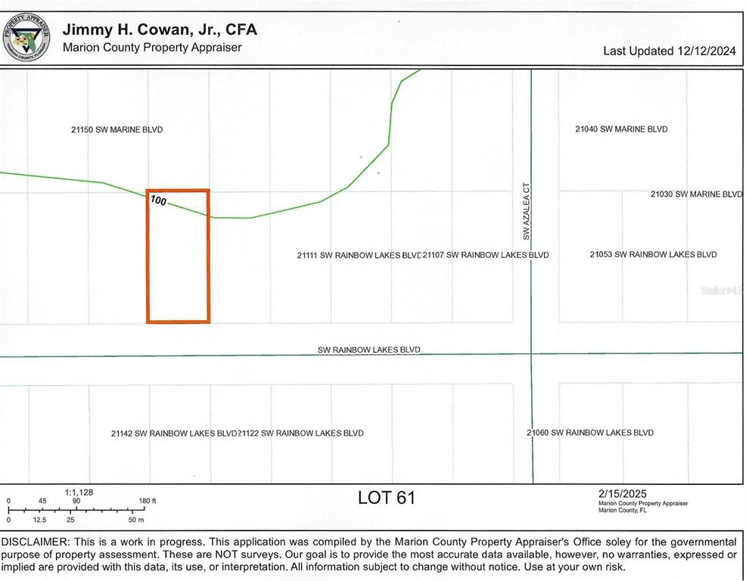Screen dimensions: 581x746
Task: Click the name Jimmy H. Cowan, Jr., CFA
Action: point(160,30)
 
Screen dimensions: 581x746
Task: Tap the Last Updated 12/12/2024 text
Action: point(669,51)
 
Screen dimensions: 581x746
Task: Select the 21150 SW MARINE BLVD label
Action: point(117,130)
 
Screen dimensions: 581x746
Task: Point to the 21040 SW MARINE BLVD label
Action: point(621,129)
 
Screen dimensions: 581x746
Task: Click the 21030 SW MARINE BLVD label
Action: point(696,194)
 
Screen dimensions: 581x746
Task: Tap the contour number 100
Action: point(158,201)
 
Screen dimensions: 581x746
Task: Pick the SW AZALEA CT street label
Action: point(527,211)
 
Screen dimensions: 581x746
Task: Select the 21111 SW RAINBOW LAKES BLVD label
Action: point(359,256)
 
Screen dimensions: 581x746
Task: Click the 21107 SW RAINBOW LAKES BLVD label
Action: point(486,255)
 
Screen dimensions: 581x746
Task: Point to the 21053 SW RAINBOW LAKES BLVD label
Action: point(653,255)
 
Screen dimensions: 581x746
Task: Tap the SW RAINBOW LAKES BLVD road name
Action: point(368,350)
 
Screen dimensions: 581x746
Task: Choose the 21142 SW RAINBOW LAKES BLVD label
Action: point(174,433)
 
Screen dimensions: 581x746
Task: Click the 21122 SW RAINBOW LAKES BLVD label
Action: point(301,433)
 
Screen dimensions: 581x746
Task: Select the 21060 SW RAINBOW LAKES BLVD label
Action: point(590,433)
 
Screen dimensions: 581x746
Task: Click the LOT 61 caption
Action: point(386,498)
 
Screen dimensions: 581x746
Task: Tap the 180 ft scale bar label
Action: point(148,501)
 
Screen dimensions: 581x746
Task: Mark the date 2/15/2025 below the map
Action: point(622,494)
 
